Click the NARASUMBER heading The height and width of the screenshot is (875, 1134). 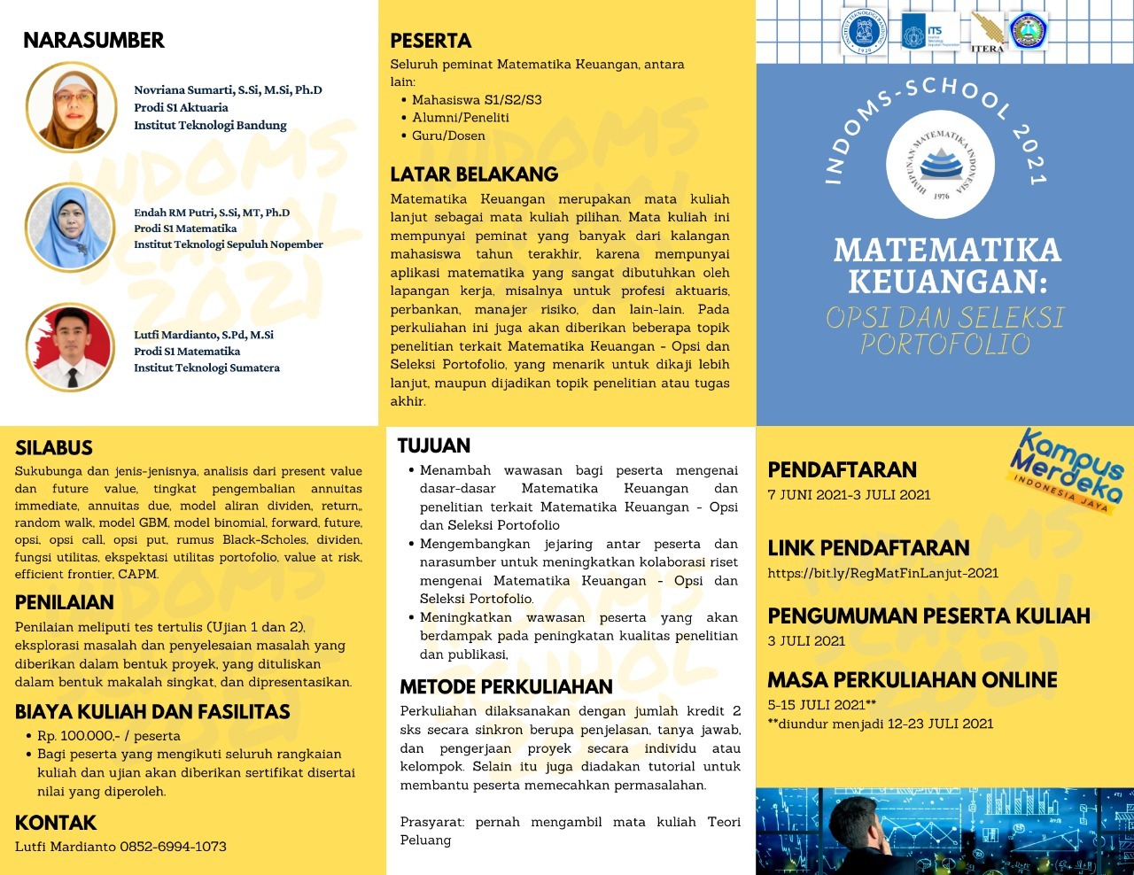pos(94,41)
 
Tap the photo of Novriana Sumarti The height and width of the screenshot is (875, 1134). pos(72,107)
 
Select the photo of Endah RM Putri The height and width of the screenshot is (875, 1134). pos(70,228)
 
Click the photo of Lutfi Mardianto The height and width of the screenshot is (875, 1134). pos(71,348)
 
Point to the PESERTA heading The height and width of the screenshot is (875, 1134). pos(431,41)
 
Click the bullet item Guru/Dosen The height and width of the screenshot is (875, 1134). pos(448,136)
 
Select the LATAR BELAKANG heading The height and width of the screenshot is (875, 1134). pos(474,174)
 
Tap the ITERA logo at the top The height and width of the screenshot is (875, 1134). pos(987,33)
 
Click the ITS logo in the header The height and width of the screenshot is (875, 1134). pos(929,33)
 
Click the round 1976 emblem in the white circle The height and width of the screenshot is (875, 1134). pos(941,165)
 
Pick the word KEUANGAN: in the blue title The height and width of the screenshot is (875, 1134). pos(947,282)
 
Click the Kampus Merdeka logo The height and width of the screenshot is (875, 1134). pos(1068,470)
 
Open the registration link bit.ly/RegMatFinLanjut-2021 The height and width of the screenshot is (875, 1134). pos(883,573)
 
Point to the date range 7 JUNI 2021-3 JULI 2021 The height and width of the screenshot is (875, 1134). pos(849,495)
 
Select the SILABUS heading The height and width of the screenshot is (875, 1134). pos(54,448)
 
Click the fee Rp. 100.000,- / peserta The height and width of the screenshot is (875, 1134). pos(108,736)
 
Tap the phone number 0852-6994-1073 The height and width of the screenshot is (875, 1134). pos(173,847)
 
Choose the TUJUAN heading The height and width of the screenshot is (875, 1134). pos(434,445)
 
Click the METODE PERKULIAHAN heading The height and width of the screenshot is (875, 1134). pos(506,687)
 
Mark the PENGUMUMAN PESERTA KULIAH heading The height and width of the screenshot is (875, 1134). pos(928,616)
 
